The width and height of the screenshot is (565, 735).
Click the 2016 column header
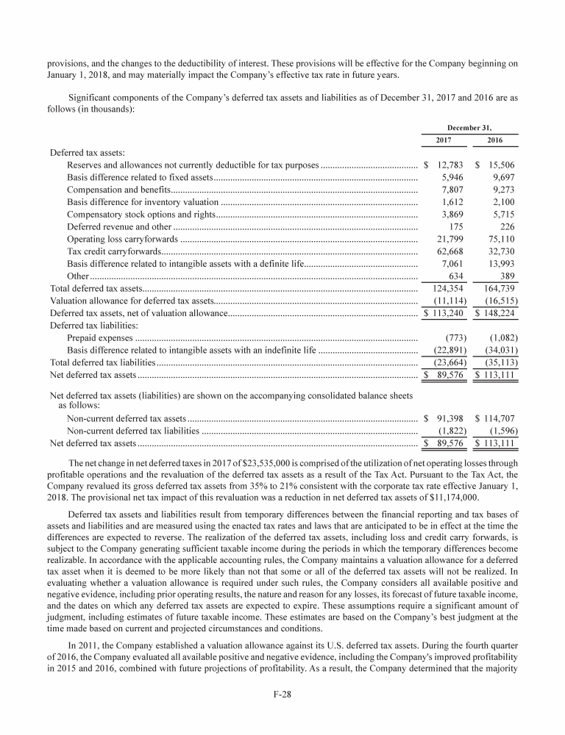(x=494, y=140)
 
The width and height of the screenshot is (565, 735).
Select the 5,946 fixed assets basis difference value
(x=451, y=177)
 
